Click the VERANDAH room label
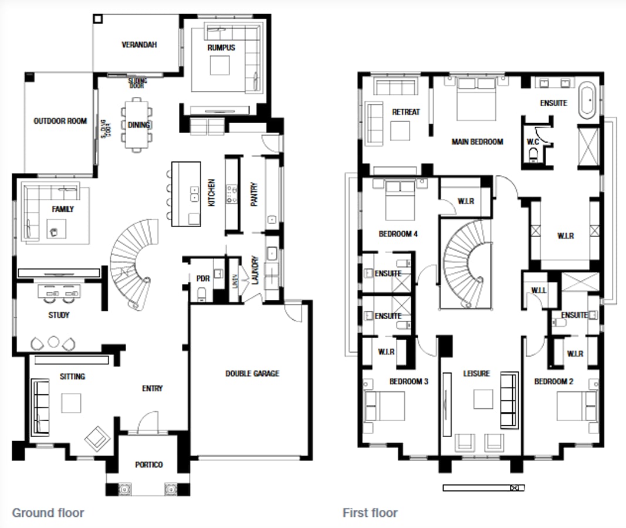[139, 45]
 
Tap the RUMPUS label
[221, 48]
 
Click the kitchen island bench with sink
[186, 194]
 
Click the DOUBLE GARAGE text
[252, 373]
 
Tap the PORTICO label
[149, 465]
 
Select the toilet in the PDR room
[202, 293]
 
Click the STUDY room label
[59, 315]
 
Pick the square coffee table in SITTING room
[72, 402]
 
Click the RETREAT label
[406, 111]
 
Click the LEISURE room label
[476, 374]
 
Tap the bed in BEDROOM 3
[384, 405]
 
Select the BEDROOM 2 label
[554, 381]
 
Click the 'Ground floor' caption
[48, 513]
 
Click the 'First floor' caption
[370, 513]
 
